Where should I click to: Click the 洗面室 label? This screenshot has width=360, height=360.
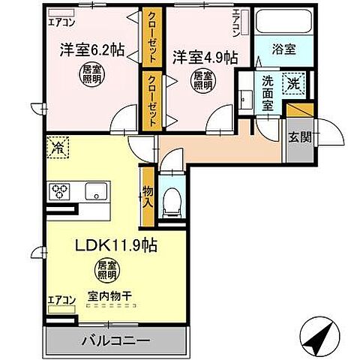267,93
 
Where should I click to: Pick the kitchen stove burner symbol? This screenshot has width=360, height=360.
60,191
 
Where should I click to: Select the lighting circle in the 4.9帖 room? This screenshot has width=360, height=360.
201,79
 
